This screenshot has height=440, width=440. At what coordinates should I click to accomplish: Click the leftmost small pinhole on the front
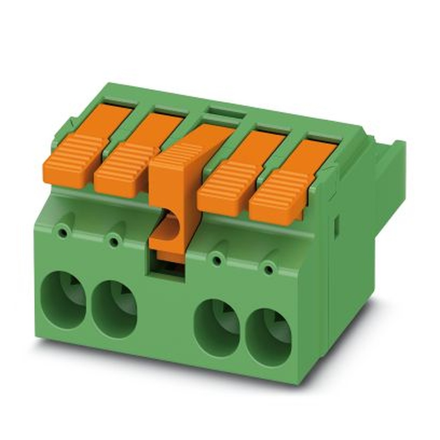(x=64, y=231)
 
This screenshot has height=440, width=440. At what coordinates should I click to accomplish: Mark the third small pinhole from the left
(x=216, y=260)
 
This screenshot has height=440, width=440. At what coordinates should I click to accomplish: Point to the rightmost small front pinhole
(x=268, y=268)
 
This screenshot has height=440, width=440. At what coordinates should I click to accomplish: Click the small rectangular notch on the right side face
(x=337, y=224)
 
